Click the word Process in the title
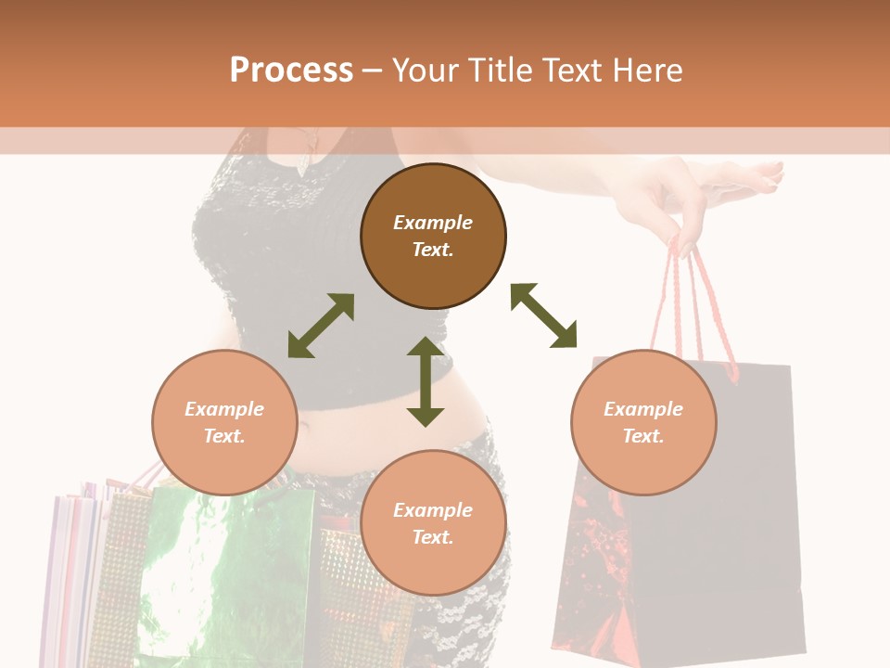point(291,71)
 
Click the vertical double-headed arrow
point(426,381)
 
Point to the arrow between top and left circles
point(321,326)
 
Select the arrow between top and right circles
point(544,315)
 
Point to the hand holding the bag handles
point(705,199)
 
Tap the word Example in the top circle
point(433,223)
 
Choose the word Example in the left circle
point(224,409)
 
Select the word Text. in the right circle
point(643,436)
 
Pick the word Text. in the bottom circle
point(433,537)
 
